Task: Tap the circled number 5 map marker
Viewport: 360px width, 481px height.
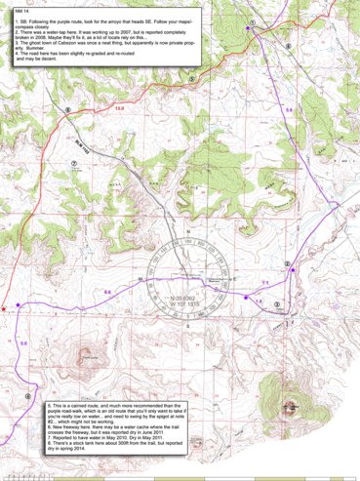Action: [252, 20]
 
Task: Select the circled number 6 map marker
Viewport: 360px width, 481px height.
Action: [67, 109]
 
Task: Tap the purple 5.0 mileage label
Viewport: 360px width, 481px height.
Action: [23, 343]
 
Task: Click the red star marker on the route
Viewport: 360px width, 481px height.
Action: [6, 309]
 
